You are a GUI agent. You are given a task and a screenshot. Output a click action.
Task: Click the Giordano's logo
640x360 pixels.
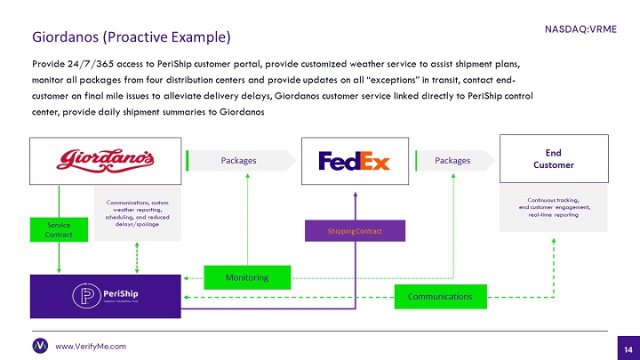point(106,160)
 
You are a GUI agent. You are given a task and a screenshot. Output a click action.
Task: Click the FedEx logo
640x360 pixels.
point(354,161)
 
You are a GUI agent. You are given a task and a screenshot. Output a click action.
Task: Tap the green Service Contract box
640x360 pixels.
point(59,228)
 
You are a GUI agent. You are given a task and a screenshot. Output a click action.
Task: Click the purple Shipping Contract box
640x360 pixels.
point(355,231)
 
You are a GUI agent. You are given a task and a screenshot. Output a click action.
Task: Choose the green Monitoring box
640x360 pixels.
point(248,278)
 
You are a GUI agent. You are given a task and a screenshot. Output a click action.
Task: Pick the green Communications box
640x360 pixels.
point(442,296)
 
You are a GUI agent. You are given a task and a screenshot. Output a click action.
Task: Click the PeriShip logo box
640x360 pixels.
point(106,296)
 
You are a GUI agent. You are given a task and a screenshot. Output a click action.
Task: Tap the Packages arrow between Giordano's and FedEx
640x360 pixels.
point(240,161)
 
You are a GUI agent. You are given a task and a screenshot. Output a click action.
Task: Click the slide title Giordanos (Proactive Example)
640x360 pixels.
point(132,37)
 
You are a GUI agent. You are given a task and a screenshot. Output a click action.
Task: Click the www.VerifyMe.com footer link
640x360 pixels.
point(91,346)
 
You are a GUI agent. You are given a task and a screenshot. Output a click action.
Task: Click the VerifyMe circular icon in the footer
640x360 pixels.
point(40,345)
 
